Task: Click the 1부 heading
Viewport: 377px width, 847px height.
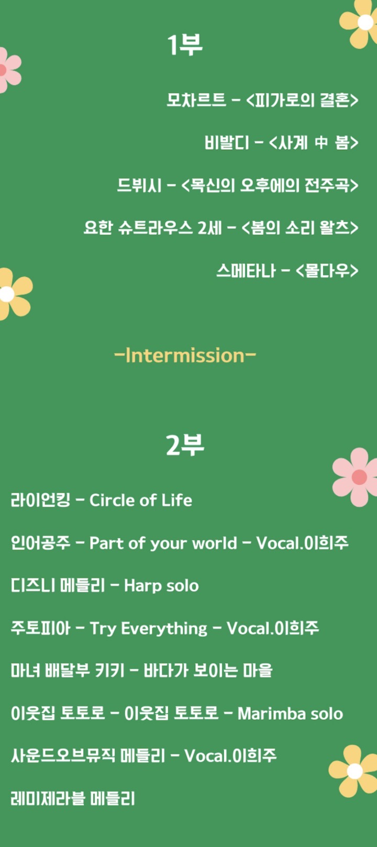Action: [x=185, y=45]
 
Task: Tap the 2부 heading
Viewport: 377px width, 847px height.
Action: [x=185, y=444]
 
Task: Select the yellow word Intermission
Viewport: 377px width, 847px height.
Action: [x=185, y=355]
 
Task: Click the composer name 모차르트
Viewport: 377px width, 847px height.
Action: [x=196, y=100]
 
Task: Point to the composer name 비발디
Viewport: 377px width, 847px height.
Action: [x=227, y=142]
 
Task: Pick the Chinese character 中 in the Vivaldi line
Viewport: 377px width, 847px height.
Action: [x=321, y=142]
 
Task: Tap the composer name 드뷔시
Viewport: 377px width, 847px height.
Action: [x=139, y=185]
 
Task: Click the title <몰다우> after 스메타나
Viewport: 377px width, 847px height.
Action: [x=327, y=271]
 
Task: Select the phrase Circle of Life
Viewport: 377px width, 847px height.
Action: [x=141, y=500]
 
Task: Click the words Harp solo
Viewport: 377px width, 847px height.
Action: [x=161, y=586]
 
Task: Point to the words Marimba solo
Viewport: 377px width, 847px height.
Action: [x=291, y=714]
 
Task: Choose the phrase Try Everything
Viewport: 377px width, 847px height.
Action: [x=148, y=628]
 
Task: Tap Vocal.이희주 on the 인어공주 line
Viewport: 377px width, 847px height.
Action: [x=302, y=543]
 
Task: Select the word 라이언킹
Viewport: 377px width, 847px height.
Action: [x=40, y=500]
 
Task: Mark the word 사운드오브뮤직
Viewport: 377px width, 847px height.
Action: [x=63, y=756]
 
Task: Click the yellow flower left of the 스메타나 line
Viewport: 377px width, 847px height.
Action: [x=14, y=294]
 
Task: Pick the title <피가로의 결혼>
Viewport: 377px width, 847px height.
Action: [x=302, y=100]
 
